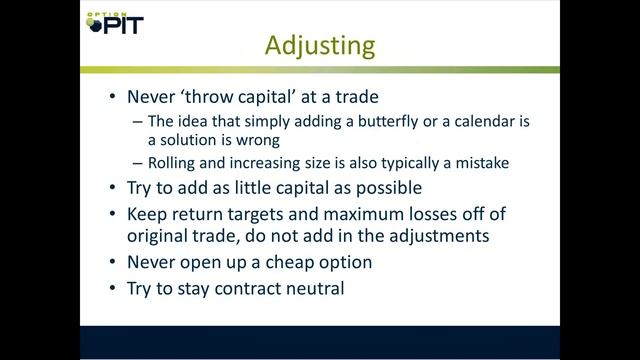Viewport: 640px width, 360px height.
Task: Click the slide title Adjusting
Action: [x=319, y=45]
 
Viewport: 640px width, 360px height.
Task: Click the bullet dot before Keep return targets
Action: [x=109, y=213]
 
